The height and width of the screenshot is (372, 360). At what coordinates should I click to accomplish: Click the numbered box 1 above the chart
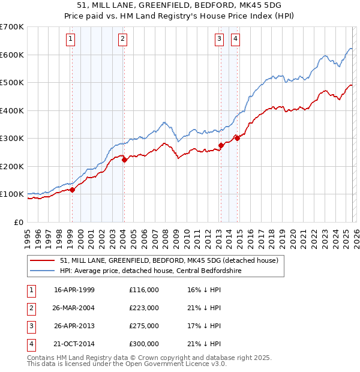pos(71,39)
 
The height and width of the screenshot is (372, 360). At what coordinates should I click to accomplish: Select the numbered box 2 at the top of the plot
pos(122,39)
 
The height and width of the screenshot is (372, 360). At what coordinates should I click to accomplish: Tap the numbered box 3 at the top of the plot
pos(219,39)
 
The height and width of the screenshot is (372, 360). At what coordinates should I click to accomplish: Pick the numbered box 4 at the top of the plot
pos(235,39)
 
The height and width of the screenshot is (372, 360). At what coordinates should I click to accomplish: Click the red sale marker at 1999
pos(72,190)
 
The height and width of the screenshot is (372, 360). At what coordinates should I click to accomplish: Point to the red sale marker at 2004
pos(124,160)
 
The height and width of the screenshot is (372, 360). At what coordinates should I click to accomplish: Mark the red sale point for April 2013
pos(221,145)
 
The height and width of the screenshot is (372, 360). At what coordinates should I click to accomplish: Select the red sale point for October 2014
pos(237,138)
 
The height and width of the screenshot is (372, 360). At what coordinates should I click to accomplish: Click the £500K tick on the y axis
pos(12,83)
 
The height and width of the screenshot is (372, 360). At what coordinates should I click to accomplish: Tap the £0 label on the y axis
pos(19,222)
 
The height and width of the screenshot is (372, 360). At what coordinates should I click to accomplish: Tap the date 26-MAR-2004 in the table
pos(74,308)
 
